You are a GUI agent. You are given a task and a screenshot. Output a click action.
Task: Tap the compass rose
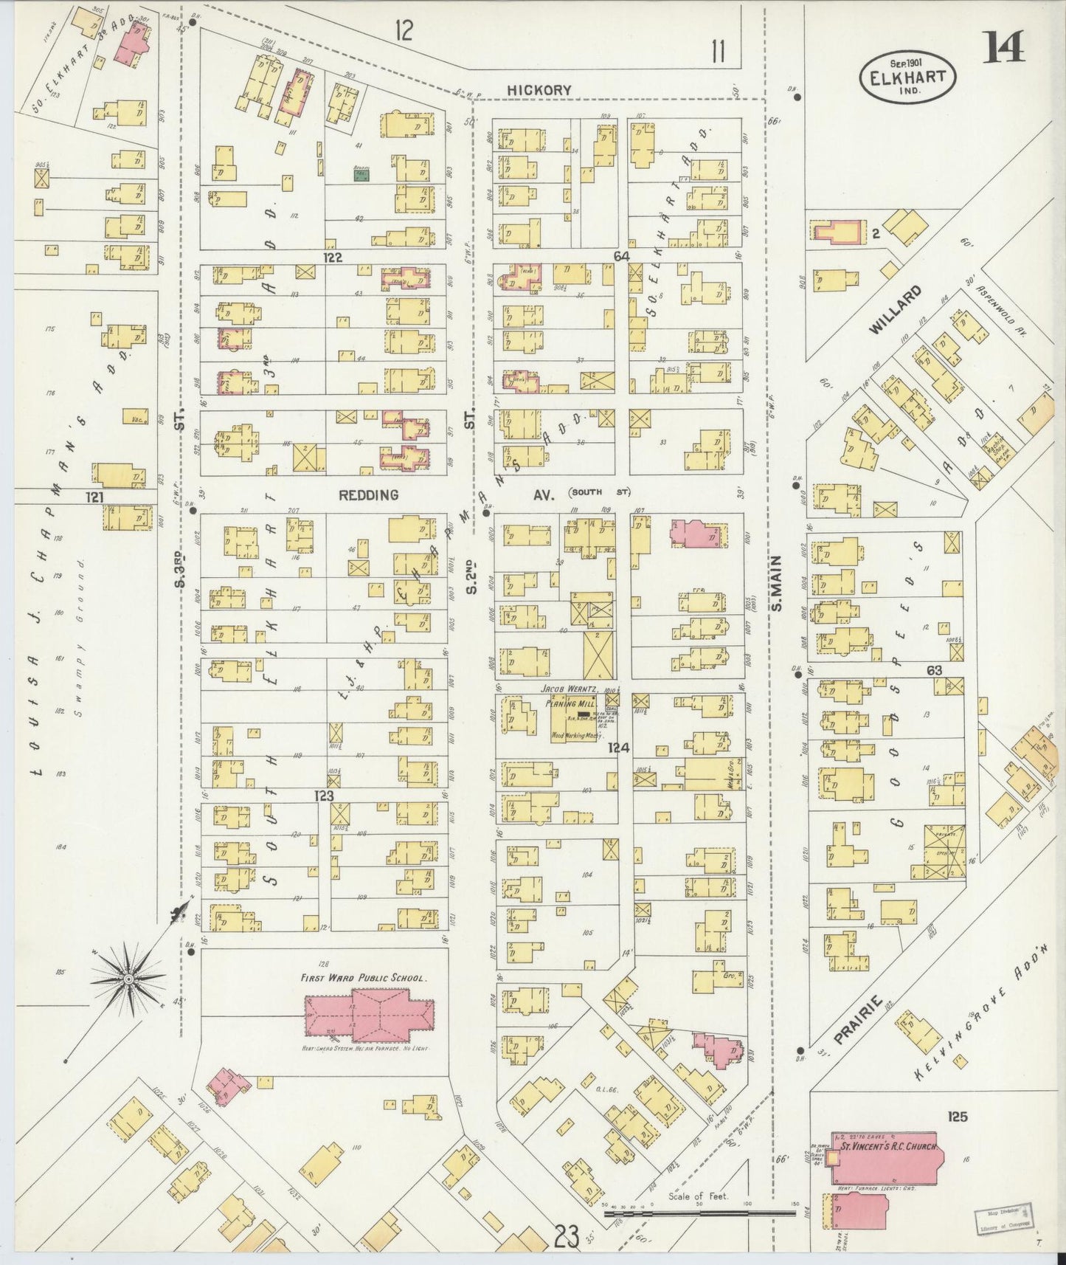pyautogui.click(x=128, y=979)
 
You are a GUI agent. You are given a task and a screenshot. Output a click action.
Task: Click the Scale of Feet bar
pyautogui.click(x=699, y=1212)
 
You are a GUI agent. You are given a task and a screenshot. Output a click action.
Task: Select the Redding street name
pyautogui.click(x=368, y=494)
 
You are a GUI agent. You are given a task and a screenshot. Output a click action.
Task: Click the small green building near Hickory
pyautogui.click(x=361, y=172)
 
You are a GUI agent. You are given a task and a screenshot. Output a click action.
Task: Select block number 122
pyautogui.click(x=333, y=256)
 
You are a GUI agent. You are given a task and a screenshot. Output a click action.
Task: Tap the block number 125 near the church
pyautogui.click(x=952, y=1117)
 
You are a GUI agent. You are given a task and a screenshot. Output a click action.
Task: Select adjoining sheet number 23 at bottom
pyautogui.click(x=565, y=1238)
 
